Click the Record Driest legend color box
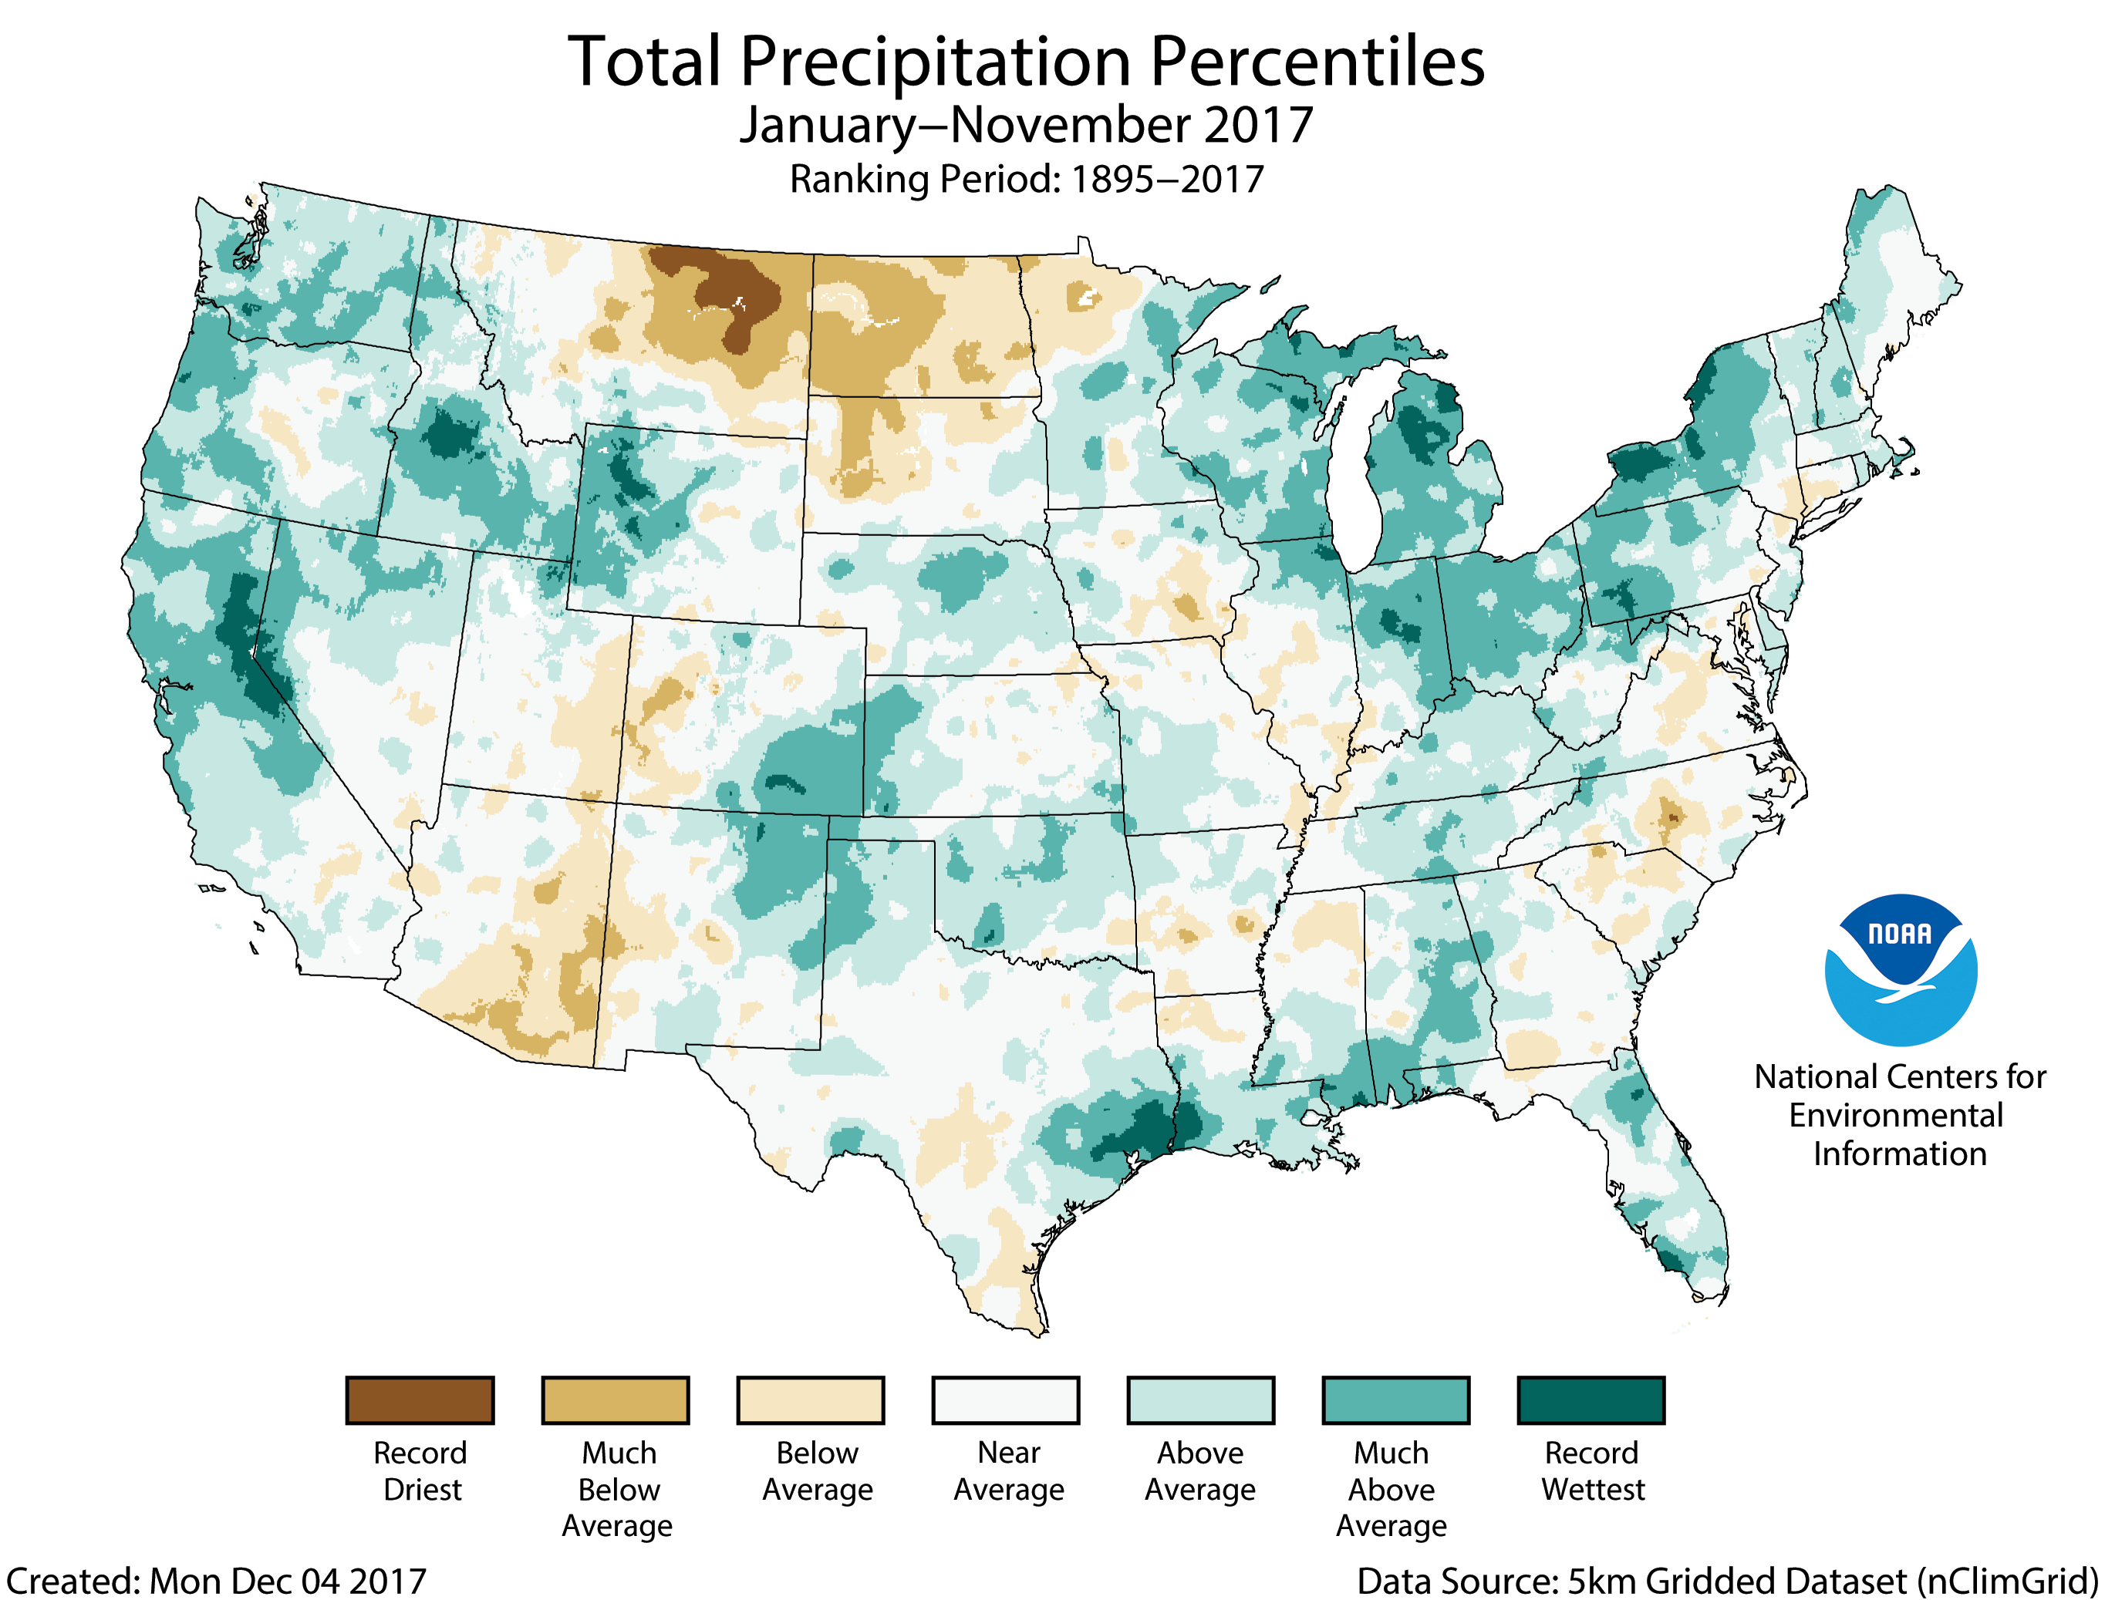pyautogui.click(x=420, y=1400)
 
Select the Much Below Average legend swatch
pyautogui.click(x=616, y=1400)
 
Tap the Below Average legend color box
pyautogui.click(x=811, y=1400)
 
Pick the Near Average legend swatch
pyautogui.click(x=1006, y=1400)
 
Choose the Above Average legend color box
pyautogui.click(x=1200, y=1400)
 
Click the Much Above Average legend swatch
pyautogui.click(x=1395, y=1400)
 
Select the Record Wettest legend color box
pyautogui.click(x=1591, y=1400)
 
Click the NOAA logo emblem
pyautogui.click(x=1901, y=969)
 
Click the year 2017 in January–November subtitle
pyautogui.click(x=1258, y=125)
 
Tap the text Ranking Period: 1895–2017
pyautogui.click(x=1027, y=179)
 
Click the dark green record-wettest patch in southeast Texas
pyautogui.click(x=1143, y=1133)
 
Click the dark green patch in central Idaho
pyautogui.click(x=447, y=438)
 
